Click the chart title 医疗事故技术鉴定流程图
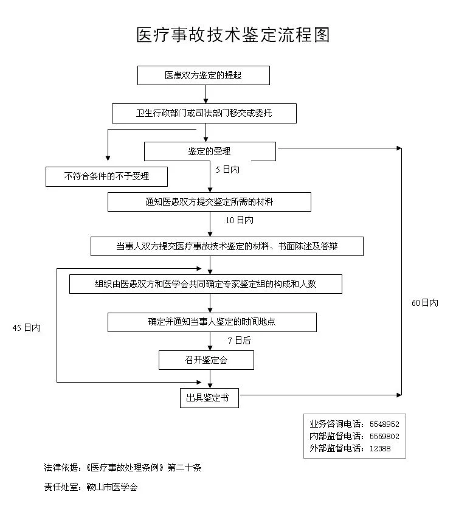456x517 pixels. (x=233, y=35)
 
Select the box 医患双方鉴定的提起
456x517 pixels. (x=203, y=75)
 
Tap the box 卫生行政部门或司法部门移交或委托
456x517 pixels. (x=204, y=113)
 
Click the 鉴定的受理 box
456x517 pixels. (x=210, y=151)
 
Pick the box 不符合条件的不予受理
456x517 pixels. (x=106, y=176)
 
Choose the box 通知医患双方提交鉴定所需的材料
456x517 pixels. (x=209, y=202)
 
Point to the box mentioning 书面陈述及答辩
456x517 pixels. (x=227, y=246)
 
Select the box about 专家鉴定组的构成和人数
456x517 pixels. (x=206, y=284)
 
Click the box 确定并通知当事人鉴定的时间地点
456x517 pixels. (x=212, y=322)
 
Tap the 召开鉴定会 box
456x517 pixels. (x=206, y=359)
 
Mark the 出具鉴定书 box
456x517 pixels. (x=209, y=398)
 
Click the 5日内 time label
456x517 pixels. (x=227, y=170)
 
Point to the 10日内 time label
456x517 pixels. (x=240, y=220)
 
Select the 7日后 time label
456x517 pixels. (x=240, y=341)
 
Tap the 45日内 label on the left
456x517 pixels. (x=27, y=328)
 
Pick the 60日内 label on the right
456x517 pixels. (x=425, y=303)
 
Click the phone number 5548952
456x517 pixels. (x=384, y=425)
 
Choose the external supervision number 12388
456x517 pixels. (x=380, y=449)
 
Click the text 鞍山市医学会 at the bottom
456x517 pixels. (x=112, y=487)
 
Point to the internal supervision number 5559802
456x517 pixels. (x=384, y=437)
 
